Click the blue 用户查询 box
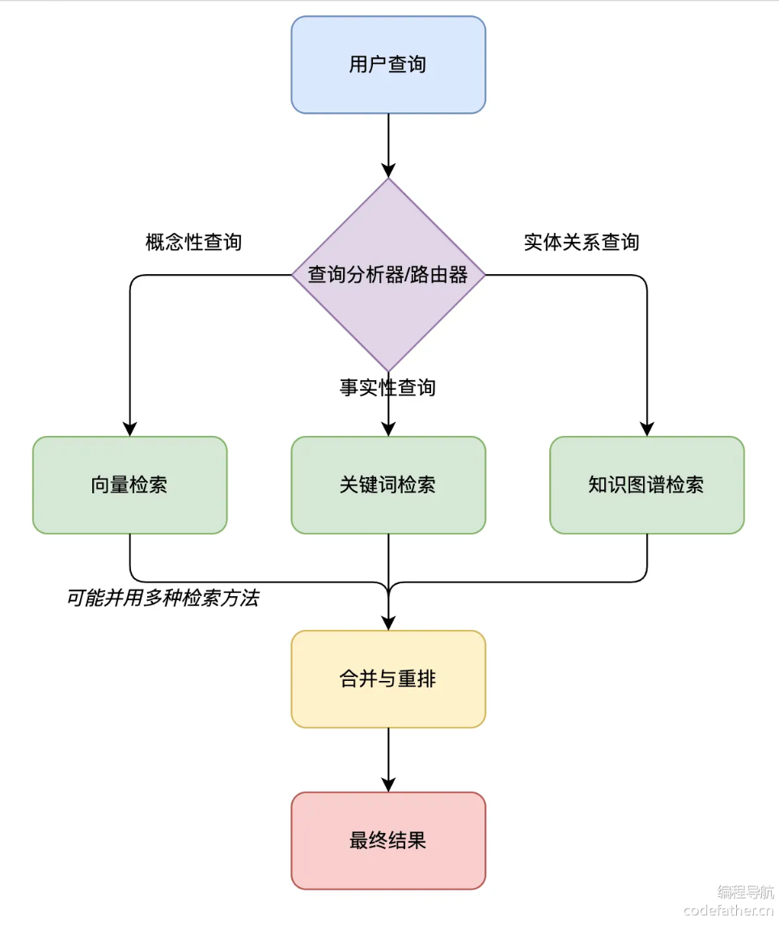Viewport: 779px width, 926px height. click(x=388, y=65)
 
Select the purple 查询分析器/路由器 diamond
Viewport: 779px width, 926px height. click(x=388, y=275)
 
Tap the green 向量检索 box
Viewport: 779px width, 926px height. click(x=129, y=485)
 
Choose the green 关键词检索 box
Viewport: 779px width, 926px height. click(x=388, y=485)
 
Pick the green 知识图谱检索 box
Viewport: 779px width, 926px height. click(x=646, y=485)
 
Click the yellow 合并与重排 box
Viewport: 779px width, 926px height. click(x=388, y=679)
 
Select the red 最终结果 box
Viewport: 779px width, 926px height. click(x=388, y=840)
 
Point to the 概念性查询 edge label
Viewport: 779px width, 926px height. click(x=193, y=242)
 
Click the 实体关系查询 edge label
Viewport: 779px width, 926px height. click(x=582, y=242)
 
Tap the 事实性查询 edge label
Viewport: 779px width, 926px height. click(x=387, y=387)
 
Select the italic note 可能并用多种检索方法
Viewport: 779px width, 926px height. click(x=163, y=598)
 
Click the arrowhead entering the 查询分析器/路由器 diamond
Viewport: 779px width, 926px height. click(x=388, y=171)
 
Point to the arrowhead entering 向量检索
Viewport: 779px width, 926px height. click(x=129, y=429)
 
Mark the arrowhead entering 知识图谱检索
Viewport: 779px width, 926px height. click(x=646, y=429)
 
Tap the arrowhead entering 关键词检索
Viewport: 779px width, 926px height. click(x=388, y=429)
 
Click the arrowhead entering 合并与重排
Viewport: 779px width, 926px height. click(x=388, y=624)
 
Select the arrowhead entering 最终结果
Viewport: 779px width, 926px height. click(x=388, y=784)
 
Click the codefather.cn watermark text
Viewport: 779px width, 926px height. click(x=728, y=911)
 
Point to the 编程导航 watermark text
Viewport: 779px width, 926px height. click(x=745, y=891)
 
